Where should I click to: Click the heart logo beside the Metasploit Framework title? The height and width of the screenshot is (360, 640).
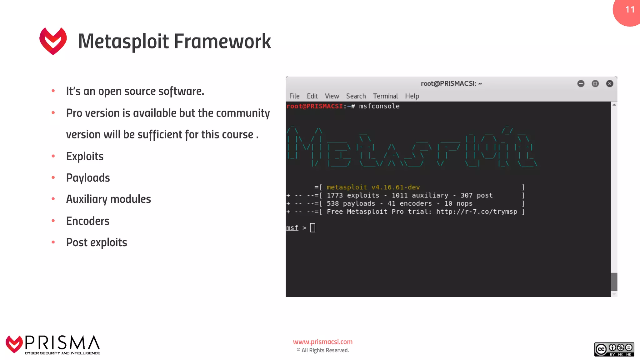(53, 41)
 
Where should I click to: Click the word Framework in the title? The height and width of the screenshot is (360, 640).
(222, 41)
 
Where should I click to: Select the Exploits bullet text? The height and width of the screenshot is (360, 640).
(85, 156)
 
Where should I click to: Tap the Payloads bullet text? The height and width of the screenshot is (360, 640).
(88, 178)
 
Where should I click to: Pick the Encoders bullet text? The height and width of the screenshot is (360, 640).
(87, 221)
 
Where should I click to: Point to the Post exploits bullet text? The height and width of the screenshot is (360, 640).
(96, 242)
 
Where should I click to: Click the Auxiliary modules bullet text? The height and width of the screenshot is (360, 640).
(108, 199)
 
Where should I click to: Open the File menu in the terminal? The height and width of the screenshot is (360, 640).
(294, 96)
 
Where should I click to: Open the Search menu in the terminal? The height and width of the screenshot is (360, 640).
(356, 96)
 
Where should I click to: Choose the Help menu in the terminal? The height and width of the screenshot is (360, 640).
(412, 96)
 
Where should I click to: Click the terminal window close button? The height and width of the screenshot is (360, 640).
(609, 83)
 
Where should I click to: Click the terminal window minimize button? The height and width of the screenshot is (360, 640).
(581, 83)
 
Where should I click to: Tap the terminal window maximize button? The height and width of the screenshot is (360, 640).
(595, 83)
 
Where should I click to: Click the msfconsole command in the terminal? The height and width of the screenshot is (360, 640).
(379, 106)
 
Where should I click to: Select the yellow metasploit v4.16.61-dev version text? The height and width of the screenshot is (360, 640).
(373, 187)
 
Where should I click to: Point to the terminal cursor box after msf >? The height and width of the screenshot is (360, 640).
(312, 228)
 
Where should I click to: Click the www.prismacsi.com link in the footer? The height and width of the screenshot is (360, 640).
(322, 342)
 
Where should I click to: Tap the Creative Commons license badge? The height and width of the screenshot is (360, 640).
(614, 349)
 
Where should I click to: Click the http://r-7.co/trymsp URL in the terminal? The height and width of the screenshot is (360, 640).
(477, 212)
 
